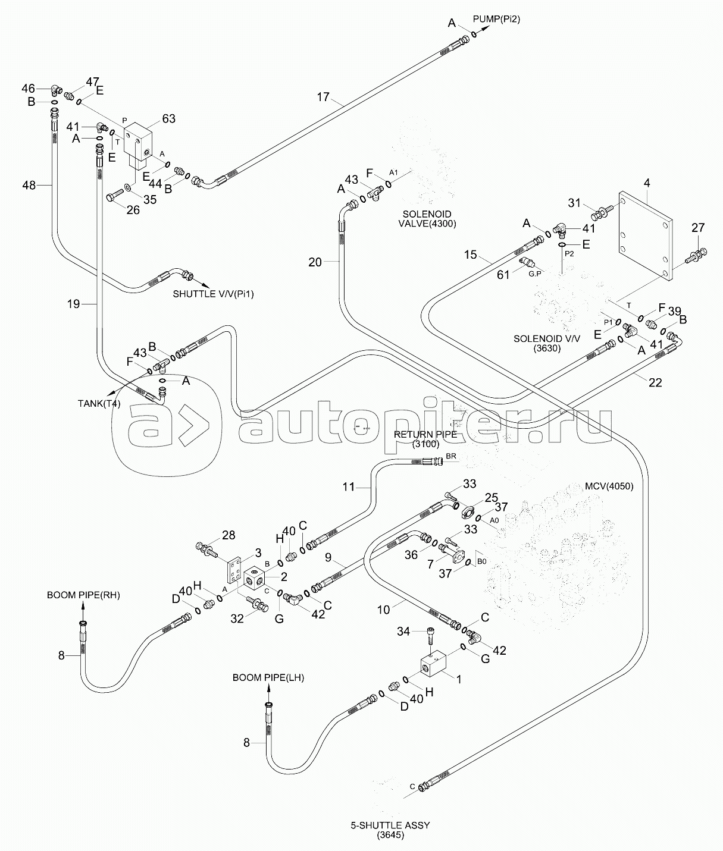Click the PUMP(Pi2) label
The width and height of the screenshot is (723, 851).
(496, 19)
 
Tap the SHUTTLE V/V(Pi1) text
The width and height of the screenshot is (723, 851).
(213, 294)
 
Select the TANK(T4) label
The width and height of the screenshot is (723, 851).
(99, 403)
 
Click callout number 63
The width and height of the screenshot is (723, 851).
(169, 118)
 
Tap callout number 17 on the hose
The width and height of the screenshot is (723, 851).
(323, 97)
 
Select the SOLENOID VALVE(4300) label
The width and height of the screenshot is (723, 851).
(427, 219)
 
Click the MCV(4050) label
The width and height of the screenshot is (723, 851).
(609, 486)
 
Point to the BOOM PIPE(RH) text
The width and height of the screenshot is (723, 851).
(83, 595)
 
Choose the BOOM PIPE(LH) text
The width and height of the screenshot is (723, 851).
(268, 678)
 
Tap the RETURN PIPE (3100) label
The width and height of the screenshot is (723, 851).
(425, 439)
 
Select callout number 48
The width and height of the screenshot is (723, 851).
(29, 186)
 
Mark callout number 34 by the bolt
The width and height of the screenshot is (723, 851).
(403, 631)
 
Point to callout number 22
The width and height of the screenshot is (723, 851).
(655, 382)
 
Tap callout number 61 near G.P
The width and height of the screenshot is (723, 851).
(503, 275)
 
